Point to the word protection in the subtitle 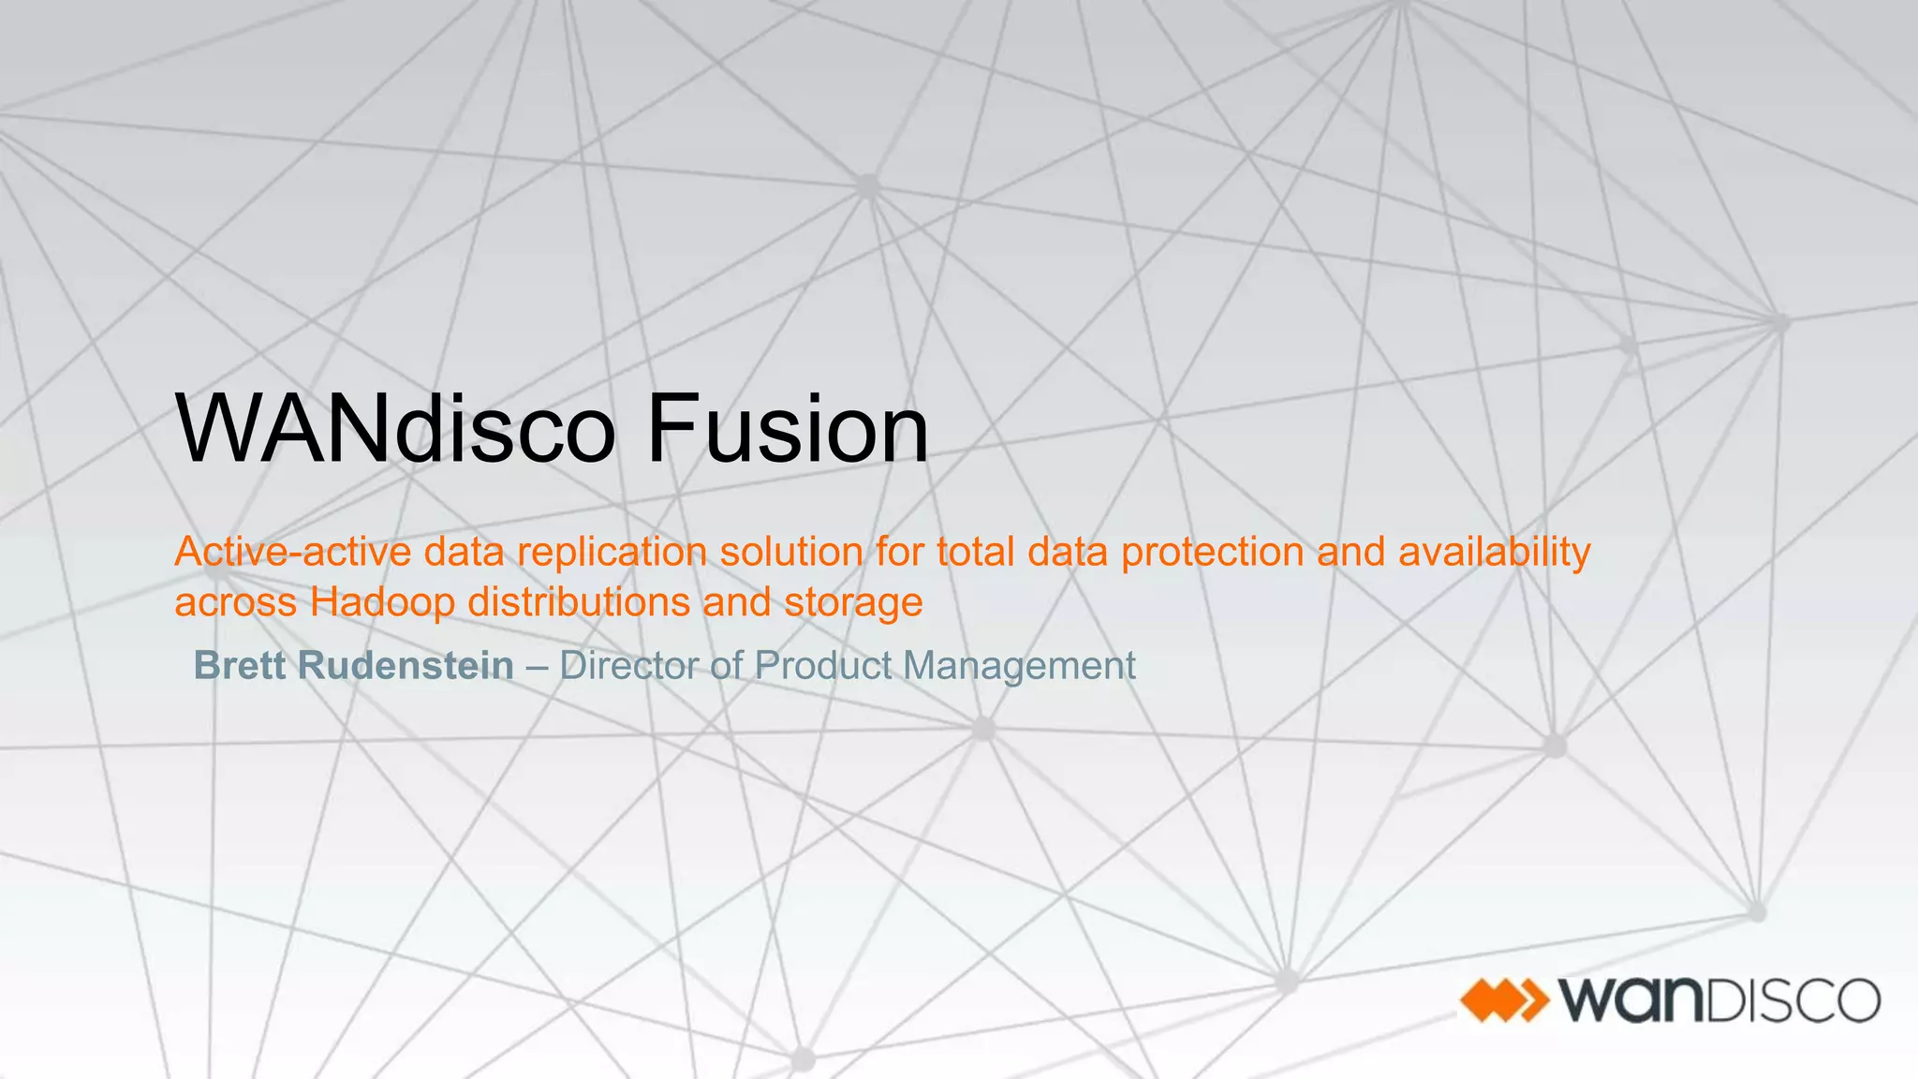click(1212, 552)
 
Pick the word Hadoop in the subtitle click(382, 602)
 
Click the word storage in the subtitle click(853, 602)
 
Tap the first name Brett click(239, 666)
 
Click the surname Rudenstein click(406, 666)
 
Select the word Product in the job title click(823, 666)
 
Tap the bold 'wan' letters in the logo click(1629, 1000)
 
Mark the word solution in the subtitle click(791, 552)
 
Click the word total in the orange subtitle click(975, 552)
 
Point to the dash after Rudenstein click(537, 666)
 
